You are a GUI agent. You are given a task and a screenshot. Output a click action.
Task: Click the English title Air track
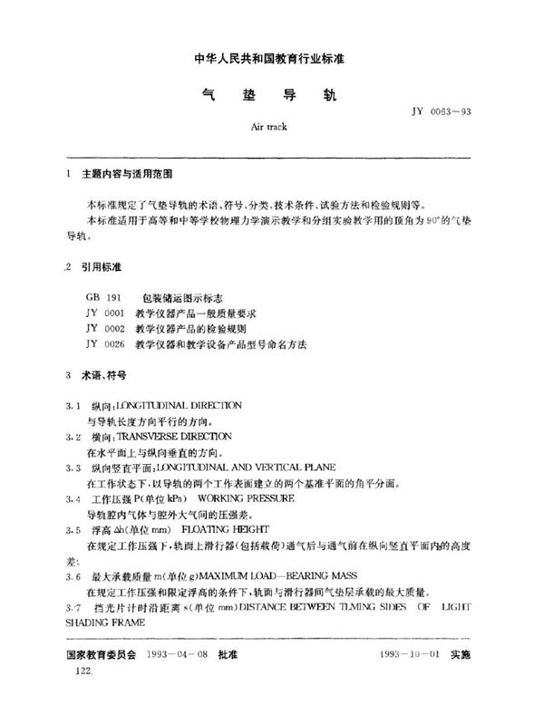coord(268,126)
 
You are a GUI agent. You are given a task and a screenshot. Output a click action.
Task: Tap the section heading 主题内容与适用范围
coord(119,172)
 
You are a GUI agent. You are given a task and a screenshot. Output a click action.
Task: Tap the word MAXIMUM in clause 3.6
coord(221,576)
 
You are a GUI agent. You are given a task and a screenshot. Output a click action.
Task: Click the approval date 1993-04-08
coord(180,653)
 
